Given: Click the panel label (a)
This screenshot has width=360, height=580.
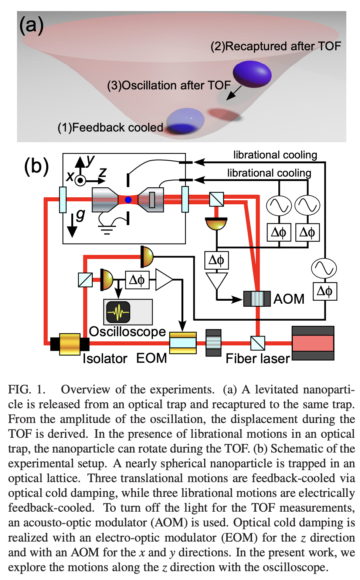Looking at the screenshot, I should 31,25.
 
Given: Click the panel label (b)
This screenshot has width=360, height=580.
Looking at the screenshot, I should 36,166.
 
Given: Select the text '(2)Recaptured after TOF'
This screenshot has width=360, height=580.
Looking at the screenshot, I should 275,46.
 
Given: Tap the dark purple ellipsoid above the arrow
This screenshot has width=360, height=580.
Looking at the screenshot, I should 252,74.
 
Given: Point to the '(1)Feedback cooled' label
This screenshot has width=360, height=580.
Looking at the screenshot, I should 110,127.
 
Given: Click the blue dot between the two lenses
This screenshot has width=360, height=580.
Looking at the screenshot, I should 128,200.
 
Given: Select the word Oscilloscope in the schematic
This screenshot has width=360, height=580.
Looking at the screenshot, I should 127,331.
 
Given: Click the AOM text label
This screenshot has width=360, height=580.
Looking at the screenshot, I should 289,298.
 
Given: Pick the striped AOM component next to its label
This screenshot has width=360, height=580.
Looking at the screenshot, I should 257,298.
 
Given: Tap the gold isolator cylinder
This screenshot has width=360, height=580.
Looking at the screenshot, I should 70,344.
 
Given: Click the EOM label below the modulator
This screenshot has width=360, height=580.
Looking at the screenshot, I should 152,358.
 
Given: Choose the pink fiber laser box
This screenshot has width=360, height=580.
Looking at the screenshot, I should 313,343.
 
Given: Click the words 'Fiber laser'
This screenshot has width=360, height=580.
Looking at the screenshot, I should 258,358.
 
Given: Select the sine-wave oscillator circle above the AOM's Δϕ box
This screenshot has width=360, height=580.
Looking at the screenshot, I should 324,268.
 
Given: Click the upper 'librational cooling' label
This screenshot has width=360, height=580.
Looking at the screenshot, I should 275,155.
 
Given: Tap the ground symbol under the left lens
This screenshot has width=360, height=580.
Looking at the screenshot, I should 107,230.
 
